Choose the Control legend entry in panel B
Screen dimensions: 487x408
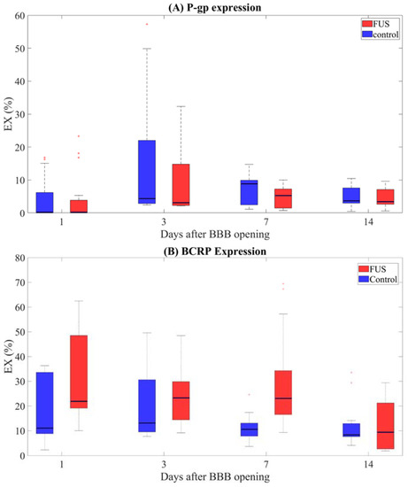[x=375, y=280]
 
